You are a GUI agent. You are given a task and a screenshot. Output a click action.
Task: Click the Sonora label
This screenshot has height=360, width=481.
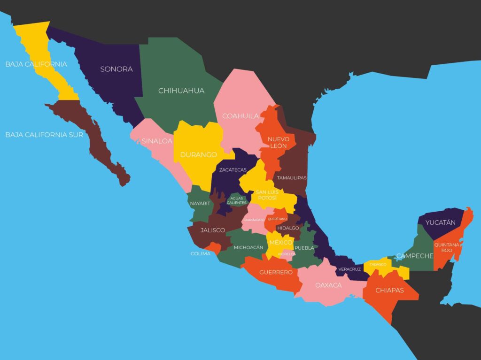(x=116, y=69)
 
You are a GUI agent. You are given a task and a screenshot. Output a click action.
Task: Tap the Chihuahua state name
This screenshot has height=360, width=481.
(x=181, y=91)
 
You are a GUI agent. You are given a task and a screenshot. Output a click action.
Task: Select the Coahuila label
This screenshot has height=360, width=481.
(x=240, y=116)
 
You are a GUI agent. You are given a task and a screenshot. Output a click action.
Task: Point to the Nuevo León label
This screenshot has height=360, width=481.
(x=278, y=143)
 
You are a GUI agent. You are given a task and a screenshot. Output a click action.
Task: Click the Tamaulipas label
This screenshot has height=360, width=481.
(x=292, y=178)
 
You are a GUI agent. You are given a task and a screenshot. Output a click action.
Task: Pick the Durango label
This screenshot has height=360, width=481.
(x=199, y=155)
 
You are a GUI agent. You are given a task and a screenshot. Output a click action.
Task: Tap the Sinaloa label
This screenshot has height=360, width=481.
(x=157, y=141)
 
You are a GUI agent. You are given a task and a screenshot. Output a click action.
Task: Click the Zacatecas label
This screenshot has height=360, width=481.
(x=233, y=170)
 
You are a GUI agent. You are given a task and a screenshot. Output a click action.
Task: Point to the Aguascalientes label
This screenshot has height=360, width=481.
(x=237, y=200)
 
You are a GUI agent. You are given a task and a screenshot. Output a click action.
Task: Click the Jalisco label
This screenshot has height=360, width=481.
(x=213, y=230)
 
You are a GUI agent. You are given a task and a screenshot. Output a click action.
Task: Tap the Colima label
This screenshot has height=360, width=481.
(x=201, y=254)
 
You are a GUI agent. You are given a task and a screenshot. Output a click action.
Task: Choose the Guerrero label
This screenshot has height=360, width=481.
(x=276, y=272)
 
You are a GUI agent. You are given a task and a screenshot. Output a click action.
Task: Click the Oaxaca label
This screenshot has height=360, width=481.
(x=328, y=285)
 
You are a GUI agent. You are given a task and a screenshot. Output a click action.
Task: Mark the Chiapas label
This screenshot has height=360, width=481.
(x=389, y=291)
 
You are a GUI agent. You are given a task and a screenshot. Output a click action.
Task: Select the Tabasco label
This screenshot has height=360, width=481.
(x=378, y=265)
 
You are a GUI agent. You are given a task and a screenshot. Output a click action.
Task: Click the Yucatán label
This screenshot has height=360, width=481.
(x=440, y=222)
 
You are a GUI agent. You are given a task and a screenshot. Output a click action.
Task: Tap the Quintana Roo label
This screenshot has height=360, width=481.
(x=447, y=247)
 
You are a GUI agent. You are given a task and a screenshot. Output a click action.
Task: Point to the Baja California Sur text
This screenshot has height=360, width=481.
(x=44, y=135)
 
